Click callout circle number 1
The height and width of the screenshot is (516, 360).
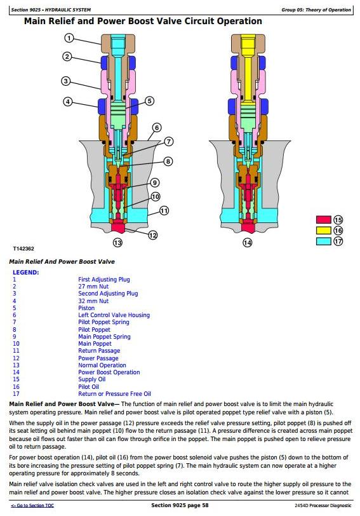[x=69, y=38]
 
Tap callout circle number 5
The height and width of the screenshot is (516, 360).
[x=150, y=100]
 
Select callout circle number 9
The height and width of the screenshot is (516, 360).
[x=155, y=182]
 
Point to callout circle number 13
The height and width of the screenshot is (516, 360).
[x=117, y=243]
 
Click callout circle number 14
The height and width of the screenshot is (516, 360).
[x=247, y=243]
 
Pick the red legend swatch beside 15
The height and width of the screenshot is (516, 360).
[x=324, y=220]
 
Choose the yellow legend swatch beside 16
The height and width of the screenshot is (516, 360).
[x=324, y=230]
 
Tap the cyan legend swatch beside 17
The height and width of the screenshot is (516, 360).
[x=324, y=241]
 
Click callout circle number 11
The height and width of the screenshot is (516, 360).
[x=164, y=210]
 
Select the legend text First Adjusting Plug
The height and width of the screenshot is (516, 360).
[x=104, y=280]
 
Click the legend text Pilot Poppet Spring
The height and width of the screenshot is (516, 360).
[x=103, y=322]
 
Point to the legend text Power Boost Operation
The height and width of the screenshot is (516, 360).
[x=109, y=372]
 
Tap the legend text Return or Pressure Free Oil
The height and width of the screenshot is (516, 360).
[x=114, y=393]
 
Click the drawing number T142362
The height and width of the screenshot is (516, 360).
[x=23, y=249]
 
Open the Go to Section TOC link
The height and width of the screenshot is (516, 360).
[x=32, y=505]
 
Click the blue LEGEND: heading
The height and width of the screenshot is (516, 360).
[x=25, y=273]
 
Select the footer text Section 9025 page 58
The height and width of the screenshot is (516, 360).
[x=180, y=505]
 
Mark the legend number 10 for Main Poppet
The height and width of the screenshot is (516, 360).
[x=16, y=344]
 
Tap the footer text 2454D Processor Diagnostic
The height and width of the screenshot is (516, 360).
[x=323, y=505]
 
